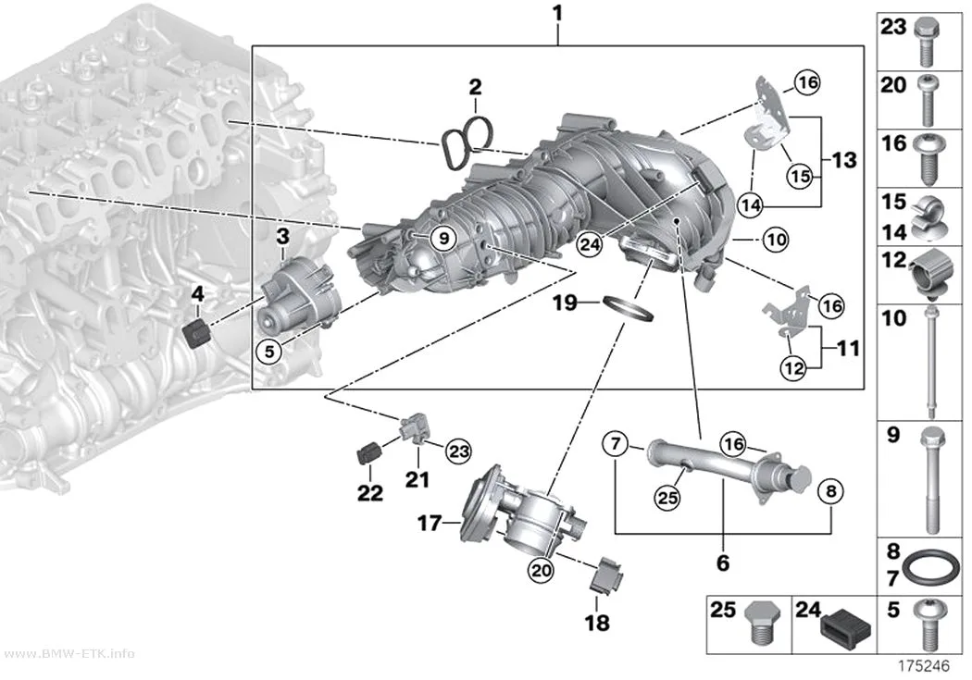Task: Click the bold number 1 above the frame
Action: [557, 14]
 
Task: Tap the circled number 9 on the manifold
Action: [443, 238]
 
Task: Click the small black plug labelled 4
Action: [198, 335]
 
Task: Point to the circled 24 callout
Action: [589, 244]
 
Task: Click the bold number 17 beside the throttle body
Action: [429, 524]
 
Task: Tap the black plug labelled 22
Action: [368, 454]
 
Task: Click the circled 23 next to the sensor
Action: [459, 451]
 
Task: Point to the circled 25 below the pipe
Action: [667, 497]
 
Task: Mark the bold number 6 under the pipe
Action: [723, 563]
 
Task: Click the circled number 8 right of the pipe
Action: [830, 491]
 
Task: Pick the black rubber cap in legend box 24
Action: [845, 625]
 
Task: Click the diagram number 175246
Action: [924, 666]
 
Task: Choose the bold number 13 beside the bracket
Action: [844, 160]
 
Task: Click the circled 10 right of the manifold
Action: [776, 239]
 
